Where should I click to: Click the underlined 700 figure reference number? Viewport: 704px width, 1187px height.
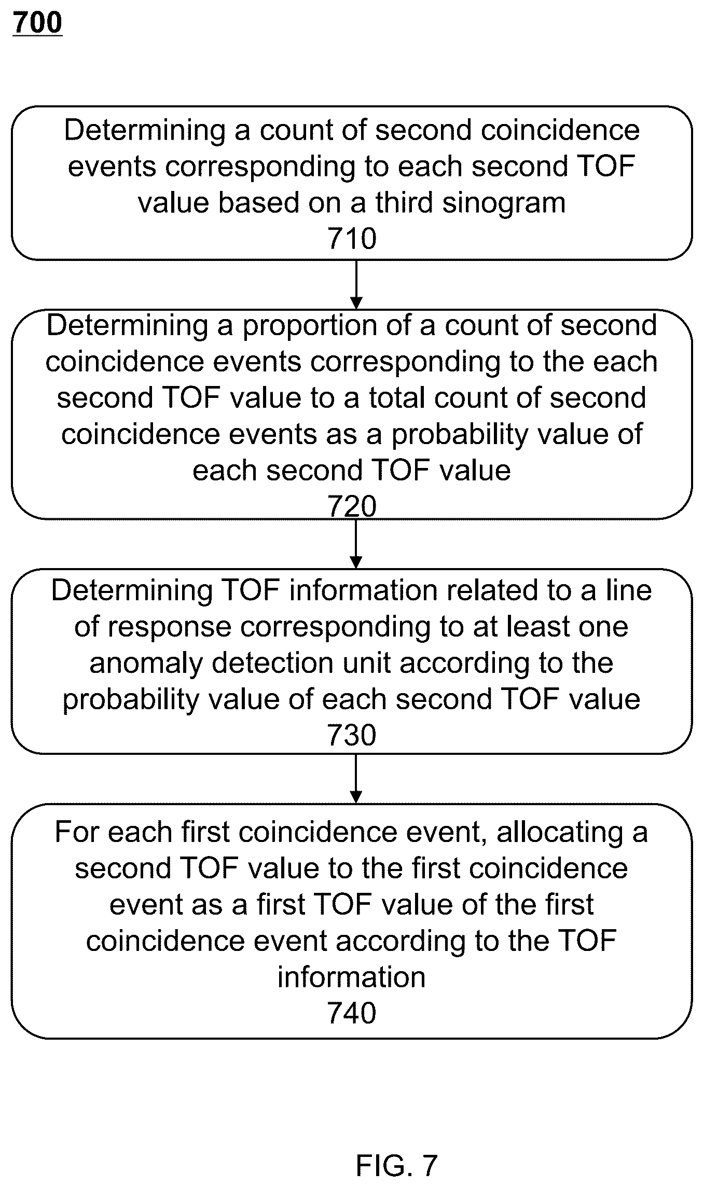point(37,23)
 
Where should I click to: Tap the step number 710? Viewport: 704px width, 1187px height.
point(352,239)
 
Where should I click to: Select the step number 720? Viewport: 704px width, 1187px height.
point(352,506)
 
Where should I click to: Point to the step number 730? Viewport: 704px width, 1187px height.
point(352,735)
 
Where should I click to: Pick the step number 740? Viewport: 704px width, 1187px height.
point(352,1013)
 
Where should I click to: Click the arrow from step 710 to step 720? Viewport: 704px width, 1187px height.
point(356,284)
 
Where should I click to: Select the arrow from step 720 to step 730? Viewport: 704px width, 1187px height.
point(356,544)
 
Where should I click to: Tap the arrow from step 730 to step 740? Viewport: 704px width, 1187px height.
point(356,779)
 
